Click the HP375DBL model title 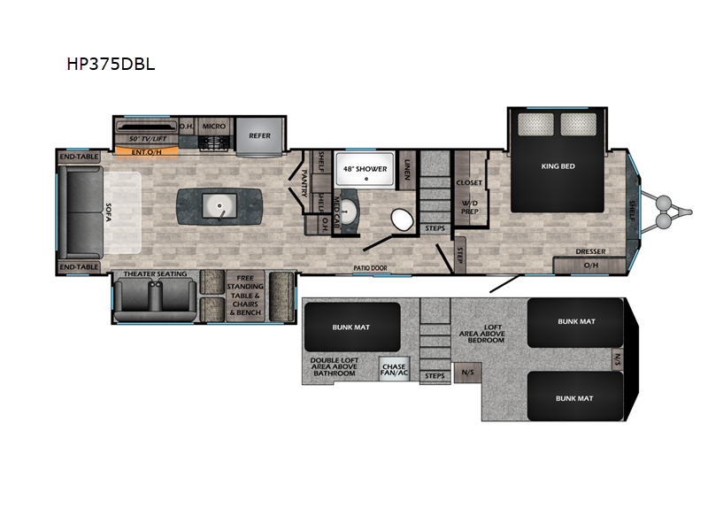tap(111, 65)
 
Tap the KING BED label tap(558, 165)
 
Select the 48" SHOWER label tap(365, 168)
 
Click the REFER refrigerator tap(259, 135)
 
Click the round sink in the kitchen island tap(219, 208)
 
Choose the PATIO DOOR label tap(372, 266)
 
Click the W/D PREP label tap(469, 207)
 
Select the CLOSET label tap(469, 183)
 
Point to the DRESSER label tap(590, 251)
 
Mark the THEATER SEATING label tap(156, 274)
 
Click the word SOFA tap(109, 213)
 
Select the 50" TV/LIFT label tap(148, 140)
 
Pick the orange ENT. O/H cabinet tap(147, 151)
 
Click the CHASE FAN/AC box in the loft tap(393, 366)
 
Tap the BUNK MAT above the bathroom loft tap(351, 326)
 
